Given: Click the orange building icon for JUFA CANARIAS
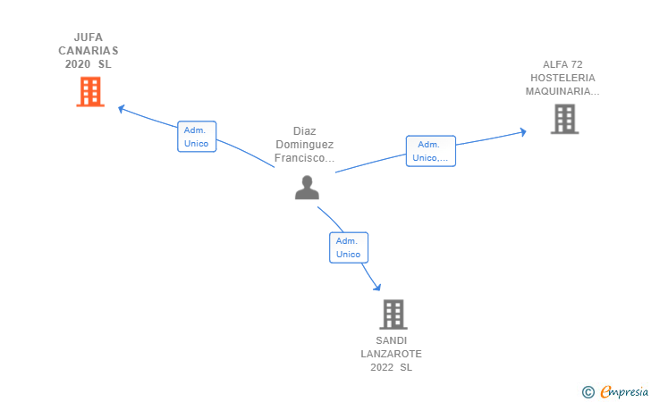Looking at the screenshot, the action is coord(90,92).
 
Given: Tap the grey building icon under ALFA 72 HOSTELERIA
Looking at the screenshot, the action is coord(564,119).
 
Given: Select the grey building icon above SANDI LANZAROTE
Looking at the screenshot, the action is coord(393,314).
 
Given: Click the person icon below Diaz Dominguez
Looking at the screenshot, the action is coord(308,188).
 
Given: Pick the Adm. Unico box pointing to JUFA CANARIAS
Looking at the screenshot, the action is coord(197,137).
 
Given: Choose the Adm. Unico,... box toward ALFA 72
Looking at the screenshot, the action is coord(430,151).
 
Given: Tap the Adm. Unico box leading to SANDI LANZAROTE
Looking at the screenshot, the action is coord(349,247).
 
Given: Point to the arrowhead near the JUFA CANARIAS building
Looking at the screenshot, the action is coord(122,109).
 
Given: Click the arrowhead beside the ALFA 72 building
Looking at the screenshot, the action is coord(523,132).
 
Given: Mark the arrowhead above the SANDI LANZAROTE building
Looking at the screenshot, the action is coord(377,287).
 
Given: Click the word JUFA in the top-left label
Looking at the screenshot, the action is coord(89,38).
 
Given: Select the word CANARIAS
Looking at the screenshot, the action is coord(89,51).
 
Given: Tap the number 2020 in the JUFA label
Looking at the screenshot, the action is coord(78,64).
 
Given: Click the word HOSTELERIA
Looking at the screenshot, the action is coord(562,78).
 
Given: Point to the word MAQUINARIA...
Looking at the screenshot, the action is coord(562,91).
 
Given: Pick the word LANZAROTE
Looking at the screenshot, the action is coord(391,354).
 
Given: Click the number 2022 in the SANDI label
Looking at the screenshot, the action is coord(382,367).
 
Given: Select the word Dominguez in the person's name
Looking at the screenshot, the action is coord(305,145).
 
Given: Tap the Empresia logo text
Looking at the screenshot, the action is coord(624,391).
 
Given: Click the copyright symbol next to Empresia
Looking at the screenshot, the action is coord(588,392).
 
